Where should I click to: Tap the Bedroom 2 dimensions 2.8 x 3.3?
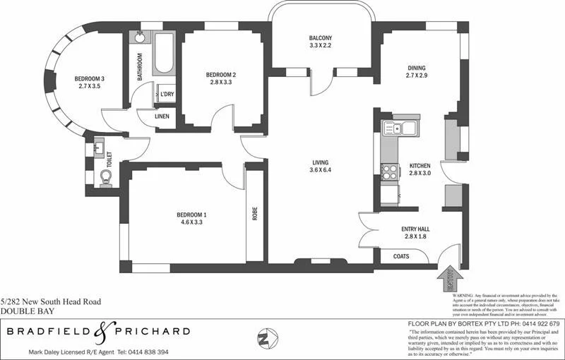pyautogui.click(x=220, y=83)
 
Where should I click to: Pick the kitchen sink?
pyautogui.click(x=391, y=128)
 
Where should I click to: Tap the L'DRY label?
pyautogui.click(x=167, y=94)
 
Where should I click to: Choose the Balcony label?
pyautogui.click(x=320, y=38)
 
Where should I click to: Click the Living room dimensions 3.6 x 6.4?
pyautogui.click(x=321, y=170)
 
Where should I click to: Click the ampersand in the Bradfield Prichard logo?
pyautogui.click(x=100, y=331)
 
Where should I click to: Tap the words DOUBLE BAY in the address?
pyautogui.click(x=21, y=311)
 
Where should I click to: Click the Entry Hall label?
pyautogui.click(x=415, y=230)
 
